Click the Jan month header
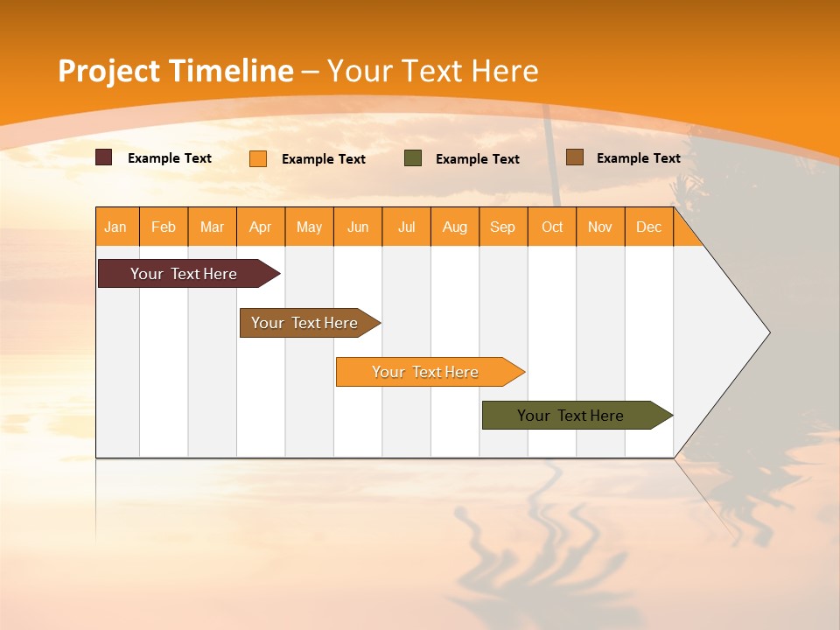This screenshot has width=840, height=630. (x=115, y=227)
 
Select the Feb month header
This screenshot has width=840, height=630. (x=164, y=227)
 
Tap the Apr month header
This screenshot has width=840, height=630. (x=260, y=227)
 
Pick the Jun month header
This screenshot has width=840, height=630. (x=358, y=227)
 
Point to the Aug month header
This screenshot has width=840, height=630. (x=454, y=227)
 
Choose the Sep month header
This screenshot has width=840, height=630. (x=502, y=227)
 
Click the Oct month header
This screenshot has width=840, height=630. (x=552, y=227)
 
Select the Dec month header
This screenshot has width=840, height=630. (x=648, y=227)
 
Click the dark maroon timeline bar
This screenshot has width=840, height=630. (x=184, y=274)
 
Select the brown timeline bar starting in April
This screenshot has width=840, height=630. (x=304, y=323)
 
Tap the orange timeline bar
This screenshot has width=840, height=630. (x=425, y=372)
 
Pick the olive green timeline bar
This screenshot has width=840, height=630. (x=570, y=416)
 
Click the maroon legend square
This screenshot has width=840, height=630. (x=104, y=157)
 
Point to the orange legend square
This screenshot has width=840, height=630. (x=258, y=158)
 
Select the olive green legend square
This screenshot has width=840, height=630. (x=413, y=158)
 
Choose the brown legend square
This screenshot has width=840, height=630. (x=575, y=157)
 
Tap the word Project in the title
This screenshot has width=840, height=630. (x=109, y=71)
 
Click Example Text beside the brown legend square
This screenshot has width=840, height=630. (x=638, y=158)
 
